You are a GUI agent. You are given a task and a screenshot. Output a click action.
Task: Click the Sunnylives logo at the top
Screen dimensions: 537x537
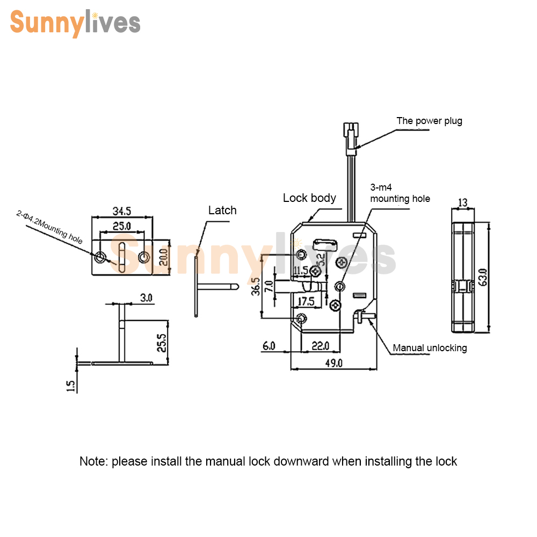(75, 23)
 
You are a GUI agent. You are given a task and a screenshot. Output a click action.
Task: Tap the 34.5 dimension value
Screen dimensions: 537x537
(122, 211)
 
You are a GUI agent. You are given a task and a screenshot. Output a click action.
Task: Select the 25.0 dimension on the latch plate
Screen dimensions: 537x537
(122, 226)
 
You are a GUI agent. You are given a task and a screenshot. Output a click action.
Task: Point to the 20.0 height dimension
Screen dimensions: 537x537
(163, 257)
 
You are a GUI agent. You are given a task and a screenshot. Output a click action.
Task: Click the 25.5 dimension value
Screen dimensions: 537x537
(161, 343)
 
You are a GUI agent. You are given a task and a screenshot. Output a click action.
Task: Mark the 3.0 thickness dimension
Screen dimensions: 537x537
(146, 298)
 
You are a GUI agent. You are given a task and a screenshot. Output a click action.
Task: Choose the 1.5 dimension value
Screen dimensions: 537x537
(70, 386)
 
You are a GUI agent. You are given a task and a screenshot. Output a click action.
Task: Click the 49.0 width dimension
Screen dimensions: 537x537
(334, 363)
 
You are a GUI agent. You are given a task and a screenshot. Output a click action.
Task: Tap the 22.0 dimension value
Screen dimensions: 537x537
(320, 346)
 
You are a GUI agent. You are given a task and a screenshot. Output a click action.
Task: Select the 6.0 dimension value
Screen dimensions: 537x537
(269, 346)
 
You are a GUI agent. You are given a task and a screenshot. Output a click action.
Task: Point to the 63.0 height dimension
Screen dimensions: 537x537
(483, 278)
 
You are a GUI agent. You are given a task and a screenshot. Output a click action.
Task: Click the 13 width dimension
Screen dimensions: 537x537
(463, 202)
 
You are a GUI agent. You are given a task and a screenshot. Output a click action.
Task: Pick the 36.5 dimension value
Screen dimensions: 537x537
(256, 286)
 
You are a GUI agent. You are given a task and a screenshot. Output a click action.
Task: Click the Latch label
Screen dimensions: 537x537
(222, 211)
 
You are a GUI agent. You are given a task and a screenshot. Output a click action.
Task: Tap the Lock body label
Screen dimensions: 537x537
(309, 198)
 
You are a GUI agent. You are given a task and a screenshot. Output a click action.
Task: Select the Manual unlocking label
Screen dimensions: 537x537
(430, 348)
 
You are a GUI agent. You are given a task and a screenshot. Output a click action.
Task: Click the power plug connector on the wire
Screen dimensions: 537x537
(351, 139)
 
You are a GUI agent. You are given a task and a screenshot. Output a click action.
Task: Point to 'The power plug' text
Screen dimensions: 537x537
(430, 121)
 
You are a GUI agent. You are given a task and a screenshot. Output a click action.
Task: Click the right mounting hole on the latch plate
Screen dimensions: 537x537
(144, 257)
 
